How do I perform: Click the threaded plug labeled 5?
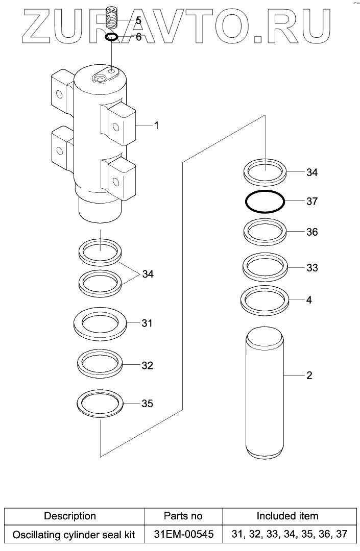(x=111, y=18)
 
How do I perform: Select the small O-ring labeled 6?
(x=112, y=37)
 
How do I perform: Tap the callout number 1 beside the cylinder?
(x=156, y=125)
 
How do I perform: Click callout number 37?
(x=312, y=202)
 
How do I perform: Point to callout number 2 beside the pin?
(x=309, y=376)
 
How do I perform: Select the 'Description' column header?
(x=70, y=516)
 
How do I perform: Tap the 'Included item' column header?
(x=287, y=516)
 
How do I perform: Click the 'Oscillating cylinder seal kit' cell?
(x=74, y=535)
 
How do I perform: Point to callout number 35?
(x=147, y=404)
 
